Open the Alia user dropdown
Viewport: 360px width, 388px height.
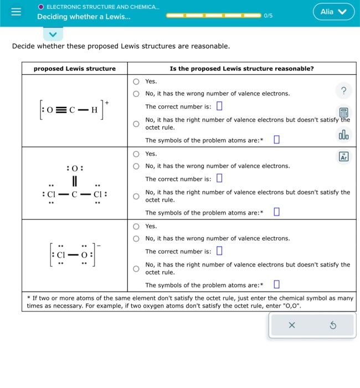pyautogui.click(x=333, y=12)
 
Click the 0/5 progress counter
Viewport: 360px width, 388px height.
pyautogui.click(x=268, y=16)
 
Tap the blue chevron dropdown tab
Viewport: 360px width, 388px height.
pyautogui.click(x=53, y=34)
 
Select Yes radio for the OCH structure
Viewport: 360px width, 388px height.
pyautogui.click(x=136, y=81)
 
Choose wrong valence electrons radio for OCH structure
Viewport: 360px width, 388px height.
pyautogui.click(x=136, y=94)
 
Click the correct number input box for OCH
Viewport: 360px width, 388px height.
pyautogui.click(x=219, y=106)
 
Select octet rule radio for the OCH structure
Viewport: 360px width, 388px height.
pyautogui.click(x=136, y=124)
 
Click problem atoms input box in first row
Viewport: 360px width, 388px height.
pyautogui.click(x=276, y=140)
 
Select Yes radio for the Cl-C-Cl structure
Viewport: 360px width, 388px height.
pyautogui.click(x=136, y=154)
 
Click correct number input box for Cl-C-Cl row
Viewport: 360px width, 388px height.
pyautogui.click(x=219, y=178)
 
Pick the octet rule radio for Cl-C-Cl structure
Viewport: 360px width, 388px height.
pyautogui.click(x=136, y=196)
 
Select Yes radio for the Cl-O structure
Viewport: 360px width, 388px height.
pyautogui.click(x=136, y=226)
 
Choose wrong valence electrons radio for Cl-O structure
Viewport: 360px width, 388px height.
pyautogui.click(x=136, y=239)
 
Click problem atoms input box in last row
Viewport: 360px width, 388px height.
pyautogui.click(x=276, y=285)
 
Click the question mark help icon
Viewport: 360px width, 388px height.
pyautogui.click(x=343, y=91)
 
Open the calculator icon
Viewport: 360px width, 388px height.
pyautogui.click(x=343, y=113)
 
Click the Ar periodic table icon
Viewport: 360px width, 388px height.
pyautogui.click(x=343, y=157)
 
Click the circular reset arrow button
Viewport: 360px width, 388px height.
pyautogui.click(x=333, y=325)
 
